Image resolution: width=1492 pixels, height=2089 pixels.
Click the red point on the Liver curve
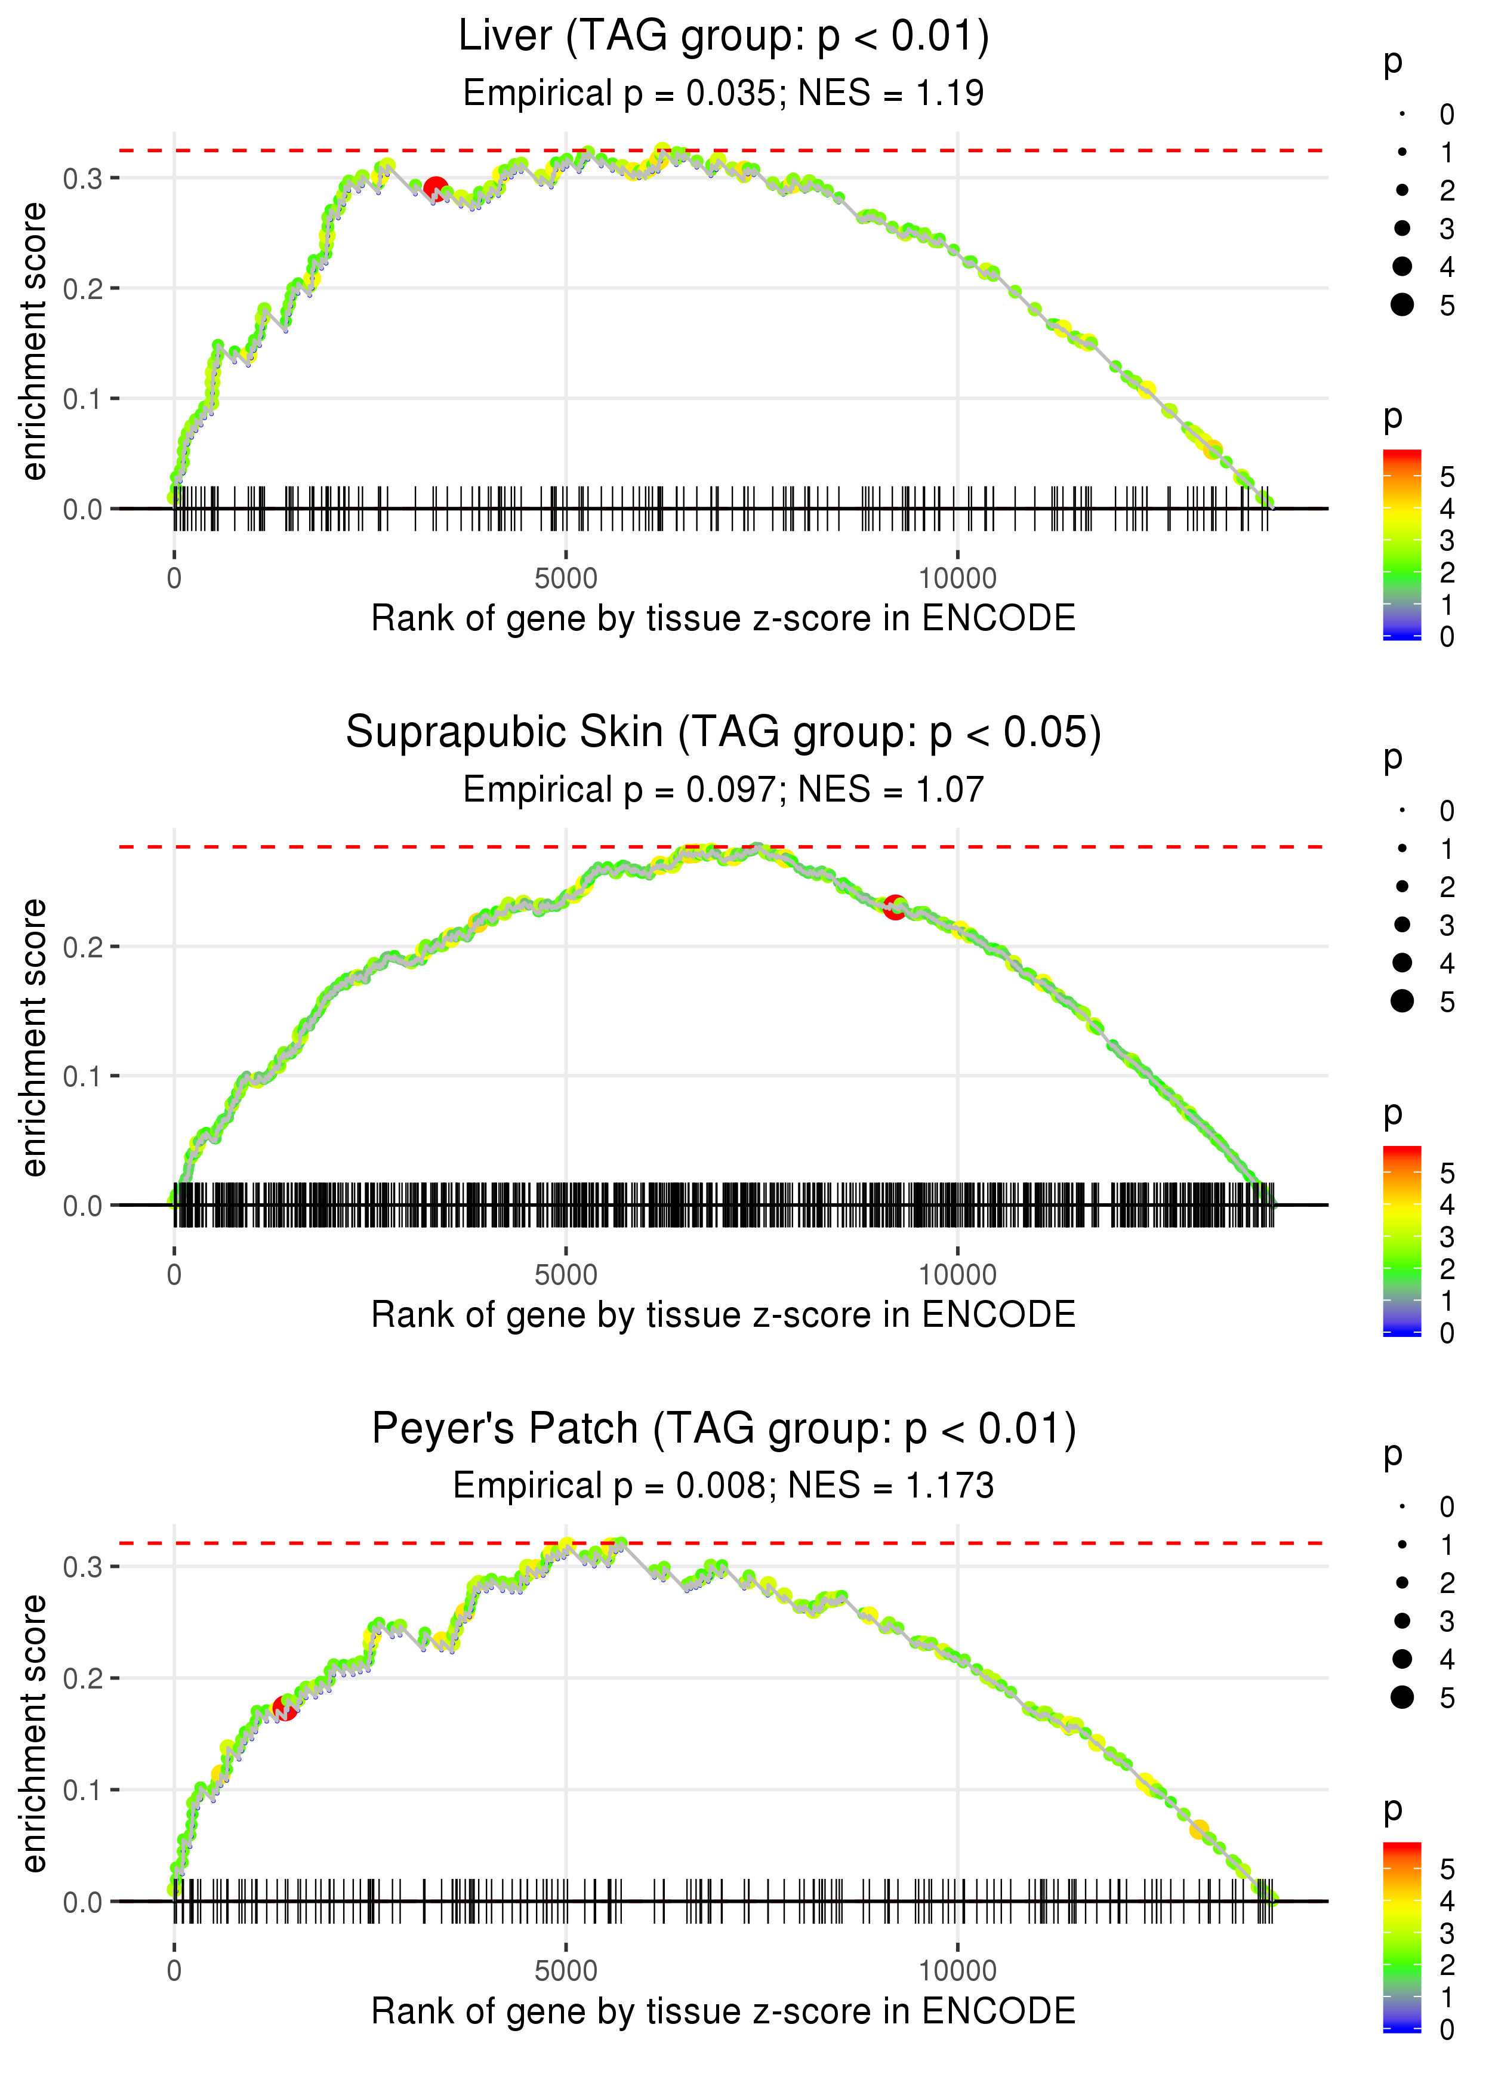pos(436,189)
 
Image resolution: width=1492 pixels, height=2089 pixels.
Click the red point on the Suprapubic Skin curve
pos(895,908)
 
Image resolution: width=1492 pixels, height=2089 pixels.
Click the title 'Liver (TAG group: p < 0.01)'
pos(723,37)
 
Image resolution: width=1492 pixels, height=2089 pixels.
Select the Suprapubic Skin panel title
pos(723,733)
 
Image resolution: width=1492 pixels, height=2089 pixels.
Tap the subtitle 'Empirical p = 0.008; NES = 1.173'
pos(723,1486)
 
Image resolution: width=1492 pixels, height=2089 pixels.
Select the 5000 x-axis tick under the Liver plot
pos(566,579)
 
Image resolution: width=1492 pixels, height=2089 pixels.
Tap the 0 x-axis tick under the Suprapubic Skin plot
pos(174,1275)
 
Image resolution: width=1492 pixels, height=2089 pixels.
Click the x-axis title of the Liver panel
pos(723,619)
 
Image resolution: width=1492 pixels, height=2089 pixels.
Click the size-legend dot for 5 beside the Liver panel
pos(1402,304)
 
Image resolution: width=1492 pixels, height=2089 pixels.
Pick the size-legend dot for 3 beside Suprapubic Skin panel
pos(1402,924)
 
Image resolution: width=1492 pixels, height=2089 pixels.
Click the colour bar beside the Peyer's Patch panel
pos(1401,1937)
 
